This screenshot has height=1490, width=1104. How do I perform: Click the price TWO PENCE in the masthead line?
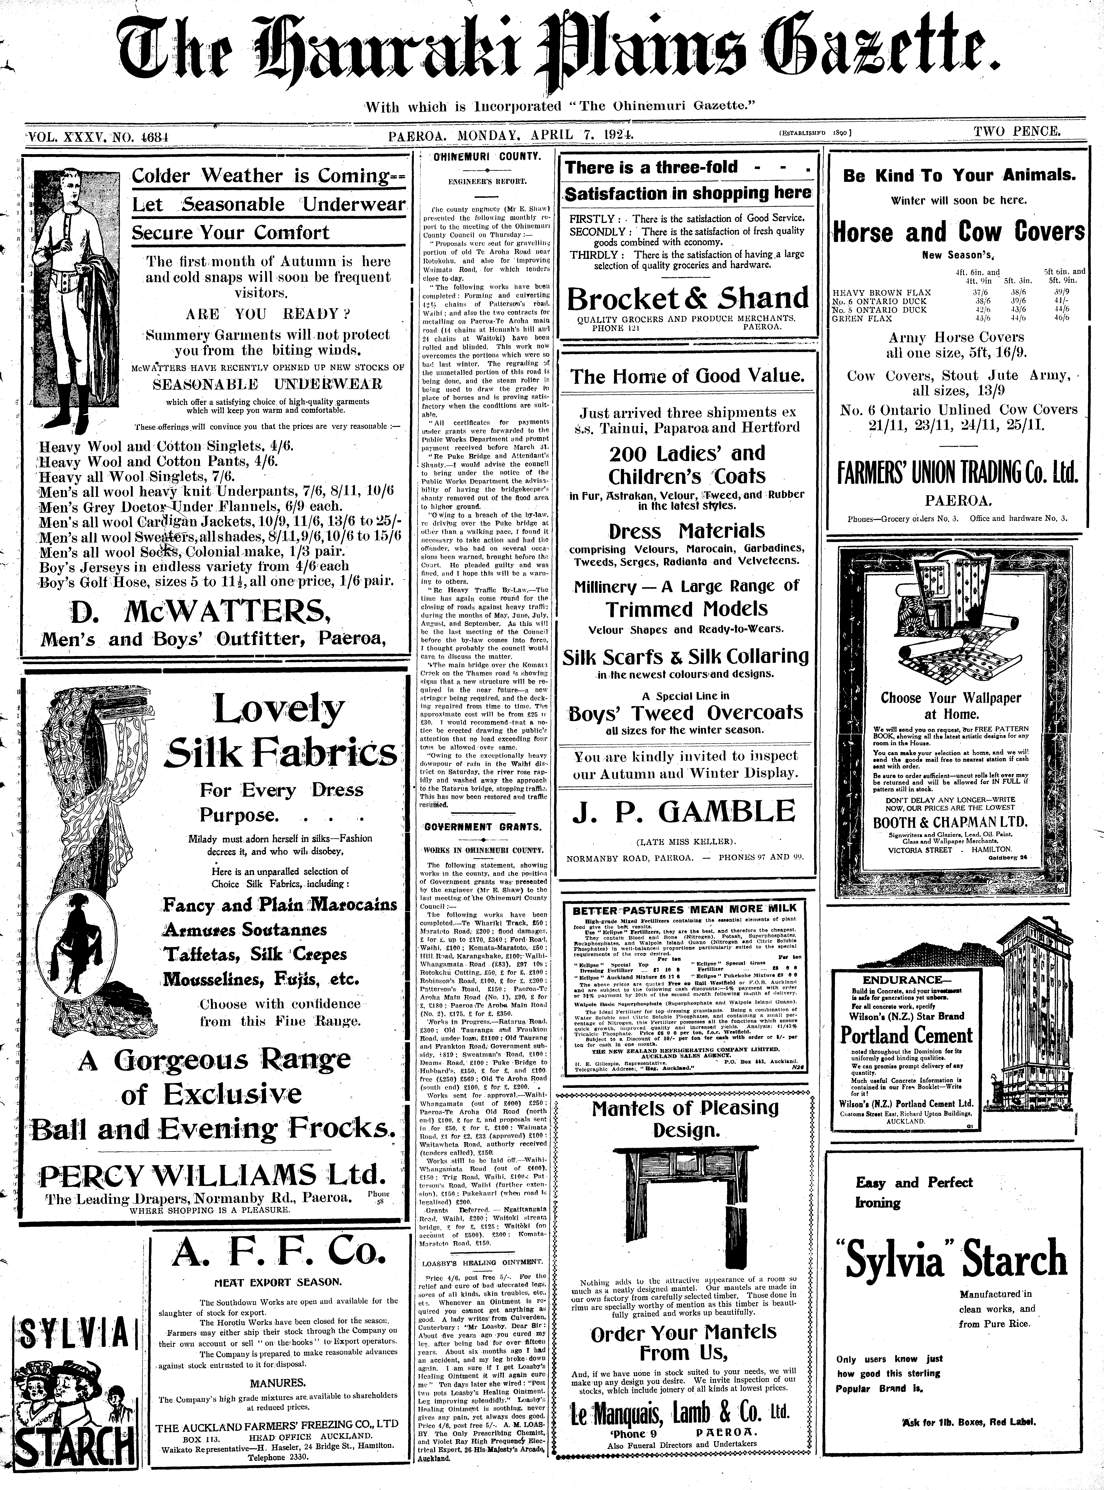pos(1016,132)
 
